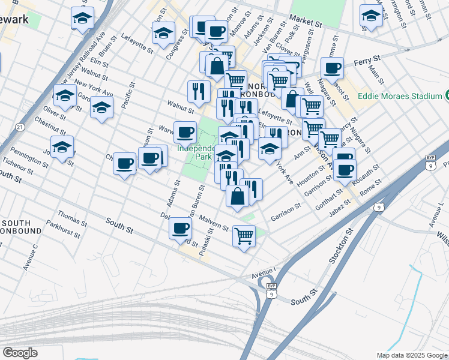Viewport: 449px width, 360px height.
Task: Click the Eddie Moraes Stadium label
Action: [x=400, y=96]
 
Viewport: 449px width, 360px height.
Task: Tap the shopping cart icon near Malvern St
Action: [x=244, y=236]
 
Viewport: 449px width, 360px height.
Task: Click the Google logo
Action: [x=20, y=353]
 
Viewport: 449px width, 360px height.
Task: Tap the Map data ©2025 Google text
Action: [x=412, y=355]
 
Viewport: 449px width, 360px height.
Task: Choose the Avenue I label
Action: [x=264, y=274]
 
